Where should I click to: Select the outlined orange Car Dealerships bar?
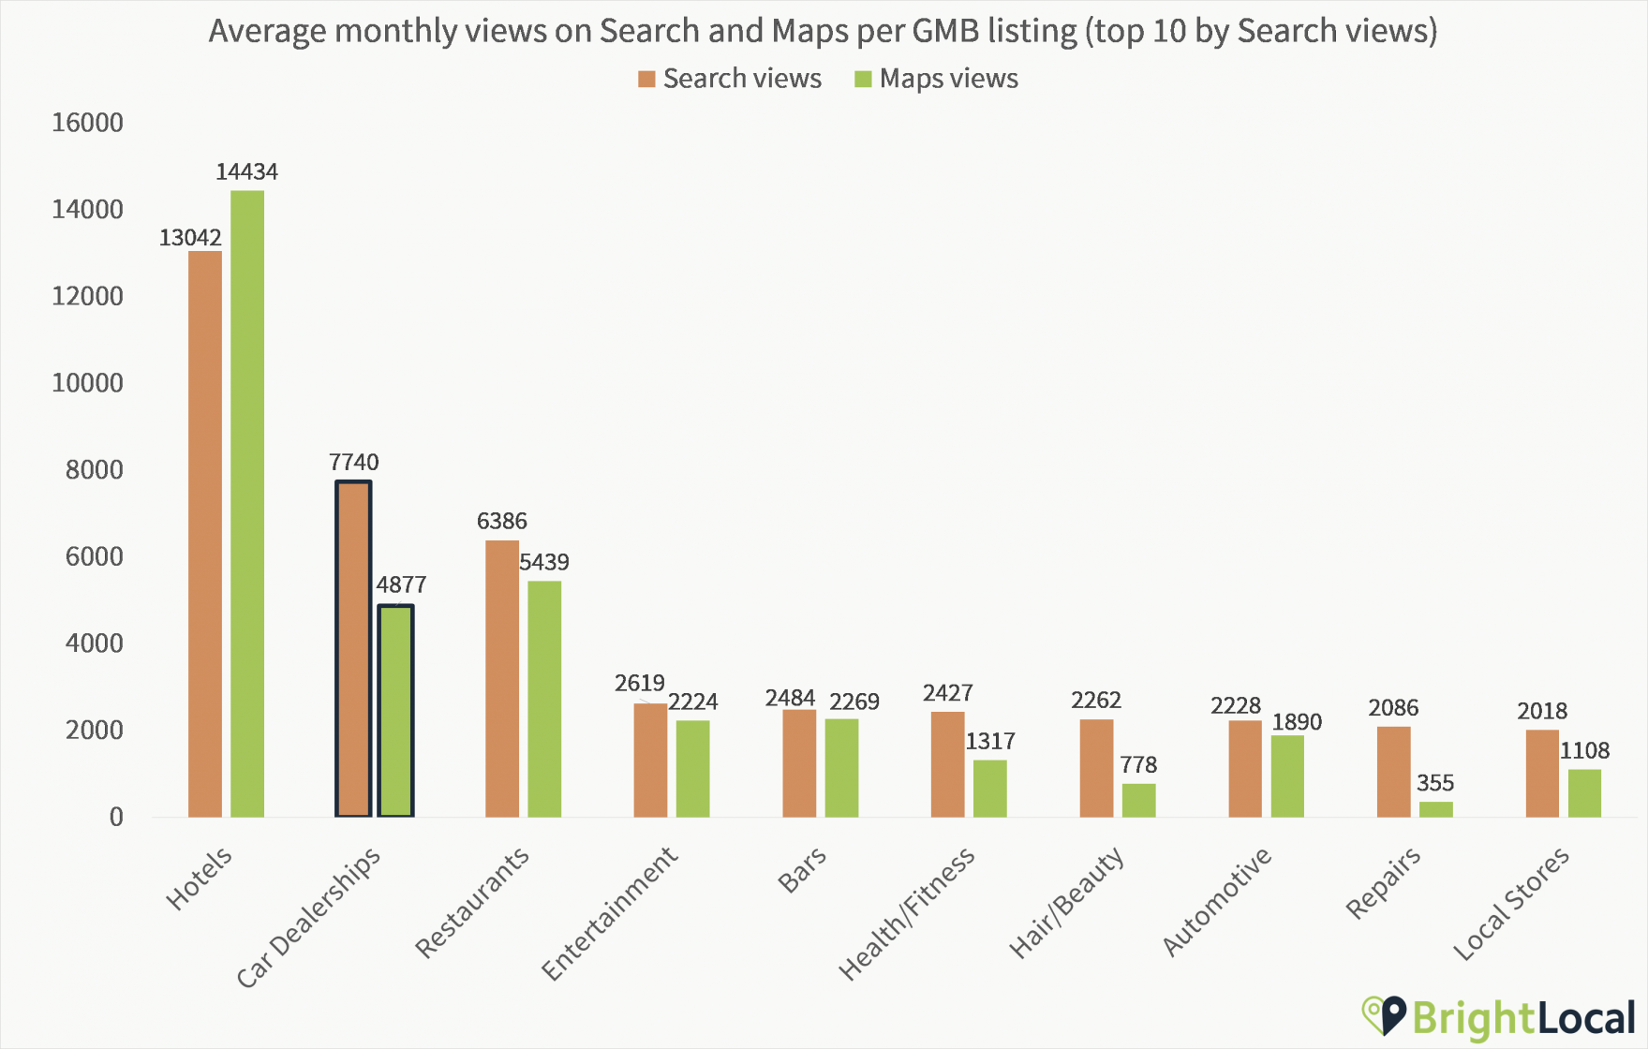(353, 648)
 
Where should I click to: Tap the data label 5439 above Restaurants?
(543, 562)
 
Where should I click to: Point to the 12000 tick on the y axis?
(87, 296)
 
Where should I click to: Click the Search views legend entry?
(730, 79)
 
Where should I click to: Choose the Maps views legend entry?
(936, 79)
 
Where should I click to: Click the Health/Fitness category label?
(906, 914)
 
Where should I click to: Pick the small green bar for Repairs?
(1435, 809)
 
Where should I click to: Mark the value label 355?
(1434, 783)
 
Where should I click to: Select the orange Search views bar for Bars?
(799, 763)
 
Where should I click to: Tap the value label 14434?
(246, 171)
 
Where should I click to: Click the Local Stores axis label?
(1511, 904)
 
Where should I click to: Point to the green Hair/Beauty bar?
(1138, 800)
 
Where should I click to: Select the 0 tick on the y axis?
(115, 818)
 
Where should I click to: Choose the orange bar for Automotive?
(1244, 768)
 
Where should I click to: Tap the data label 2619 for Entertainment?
(639, 683)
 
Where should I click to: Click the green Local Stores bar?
(1584, 793)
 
